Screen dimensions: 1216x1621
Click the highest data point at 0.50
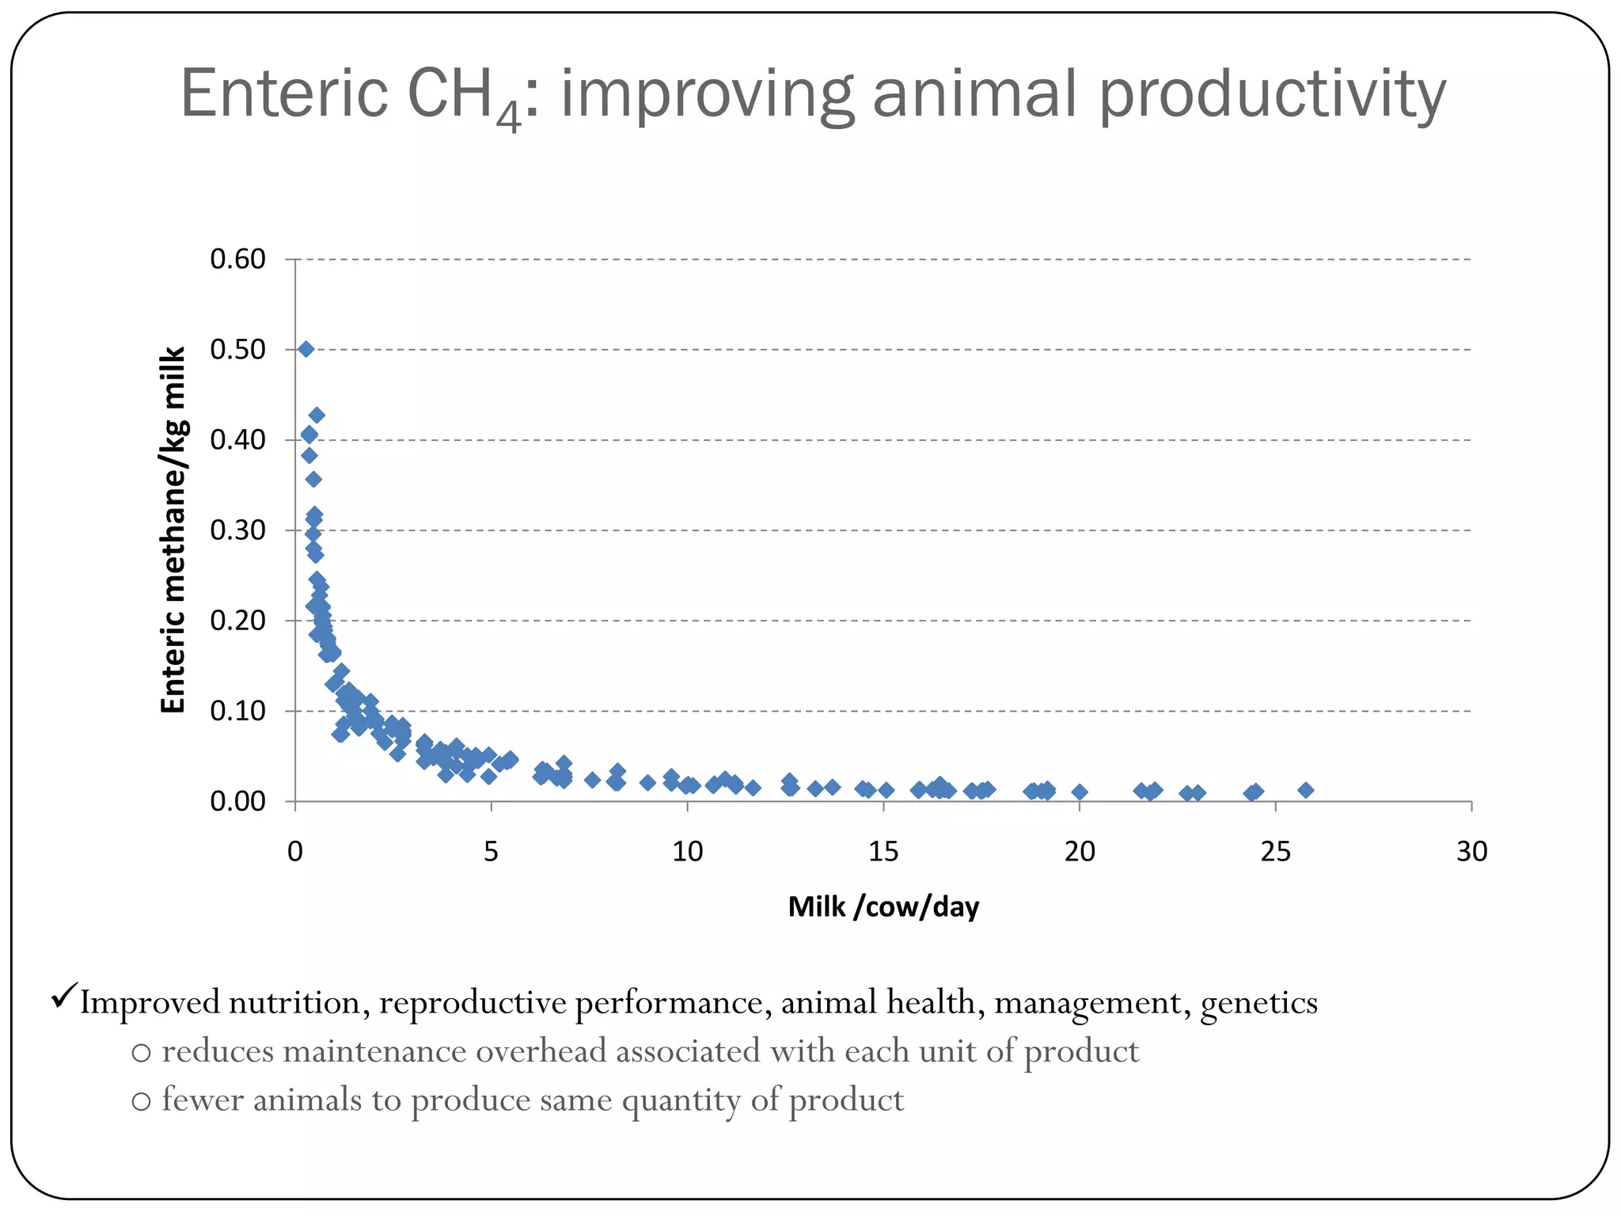coord(306,349)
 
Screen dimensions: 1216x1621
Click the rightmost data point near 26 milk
coord(1306,790)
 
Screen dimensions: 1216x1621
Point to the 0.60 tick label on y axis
coord(237,259)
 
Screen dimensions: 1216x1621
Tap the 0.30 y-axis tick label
coord(237,530)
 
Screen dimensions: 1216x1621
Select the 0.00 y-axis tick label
coord(237,801)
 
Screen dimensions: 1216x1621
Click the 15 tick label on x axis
coord(883,852)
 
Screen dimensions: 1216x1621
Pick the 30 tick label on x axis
coord(1471,852)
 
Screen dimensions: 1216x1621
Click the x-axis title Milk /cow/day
coord(883,906)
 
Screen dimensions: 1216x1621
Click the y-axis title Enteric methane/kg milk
coord(173,530)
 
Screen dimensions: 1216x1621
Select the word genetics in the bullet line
coord(1258,1004)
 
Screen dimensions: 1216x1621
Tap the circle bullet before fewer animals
coord(141,1102)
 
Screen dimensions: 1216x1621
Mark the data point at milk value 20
coord(1080,792)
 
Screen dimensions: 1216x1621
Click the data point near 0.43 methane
coord(317,415)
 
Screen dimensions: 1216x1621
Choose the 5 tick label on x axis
coord(491,852)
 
